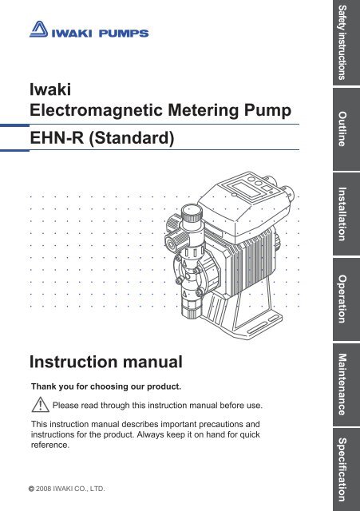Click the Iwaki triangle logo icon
pyautogui.click(x=39, y=30)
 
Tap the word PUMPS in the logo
pyautogui.click(x=124, y=34)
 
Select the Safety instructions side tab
pyautogui.click(x=346, y=42)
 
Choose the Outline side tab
pyautogui.click(x=346, y=129)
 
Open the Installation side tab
pyautogui.click(x=346, y=214)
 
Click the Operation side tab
pyautogui.click(x=346, y=299)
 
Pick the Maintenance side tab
pyautogui.click(x=346, y=385)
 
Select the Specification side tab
pyautogui.click(x=346, y=469)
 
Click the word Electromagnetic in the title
pyautogui.click(x=96, y=110)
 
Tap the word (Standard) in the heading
pyautogui.click(x=131, y=138)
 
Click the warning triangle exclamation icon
pyautogui.click(x=41, y=405)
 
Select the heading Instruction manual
pyautogui.click(x=106, y=362)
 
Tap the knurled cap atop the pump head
pyautogui.click(x=191, y=214)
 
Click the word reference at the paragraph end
pyautogui.click(x=49, y=446)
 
